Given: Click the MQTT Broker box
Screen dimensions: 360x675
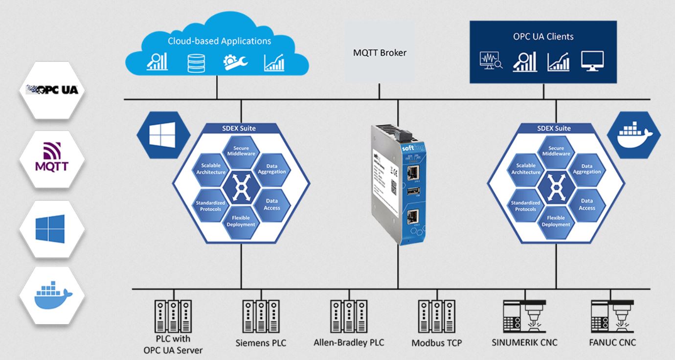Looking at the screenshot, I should click(380, 52).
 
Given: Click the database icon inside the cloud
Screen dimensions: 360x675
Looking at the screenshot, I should click(194, 63).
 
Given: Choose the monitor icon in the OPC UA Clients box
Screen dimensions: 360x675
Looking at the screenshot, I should click(592, 62).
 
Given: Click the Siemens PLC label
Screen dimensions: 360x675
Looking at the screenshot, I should click(261, 343).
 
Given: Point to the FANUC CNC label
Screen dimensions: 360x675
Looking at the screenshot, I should click(612, 342).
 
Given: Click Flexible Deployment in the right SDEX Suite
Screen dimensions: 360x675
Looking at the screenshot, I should click(556, 222).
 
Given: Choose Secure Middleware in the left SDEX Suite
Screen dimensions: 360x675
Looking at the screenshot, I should click(241, 151).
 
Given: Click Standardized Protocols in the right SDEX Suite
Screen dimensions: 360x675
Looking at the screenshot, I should click(526, 206).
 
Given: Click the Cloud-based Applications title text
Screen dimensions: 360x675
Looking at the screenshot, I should click(219, 41).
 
